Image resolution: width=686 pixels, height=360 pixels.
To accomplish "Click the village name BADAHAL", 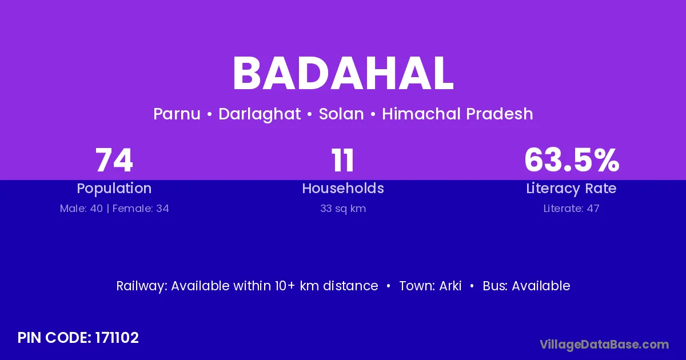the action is (343, 74).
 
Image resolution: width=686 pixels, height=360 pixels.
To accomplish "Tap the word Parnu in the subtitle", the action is (177, 114).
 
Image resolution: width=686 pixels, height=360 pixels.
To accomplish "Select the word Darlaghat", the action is (260, 114).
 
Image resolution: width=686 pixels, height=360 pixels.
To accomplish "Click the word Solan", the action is (341, 114).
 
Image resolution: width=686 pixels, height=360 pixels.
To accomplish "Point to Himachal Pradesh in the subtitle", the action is (457, 114).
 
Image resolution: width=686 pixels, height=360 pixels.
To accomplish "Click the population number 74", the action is (114, 160).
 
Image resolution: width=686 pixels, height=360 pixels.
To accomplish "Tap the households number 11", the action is (342, 160).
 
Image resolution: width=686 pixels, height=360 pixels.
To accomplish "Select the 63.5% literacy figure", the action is (572, 160).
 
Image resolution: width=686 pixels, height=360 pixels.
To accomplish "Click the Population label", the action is (114, 189).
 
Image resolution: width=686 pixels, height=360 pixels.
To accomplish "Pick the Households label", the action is (343, 188).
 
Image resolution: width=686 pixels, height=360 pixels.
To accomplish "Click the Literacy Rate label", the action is (572, 189).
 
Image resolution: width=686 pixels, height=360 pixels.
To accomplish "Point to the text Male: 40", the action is (81, 209).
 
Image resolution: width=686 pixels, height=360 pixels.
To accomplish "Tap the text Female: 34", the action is (141, 209).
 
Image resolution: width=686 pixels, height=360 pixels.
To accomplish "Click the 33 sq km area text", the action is (343, 209).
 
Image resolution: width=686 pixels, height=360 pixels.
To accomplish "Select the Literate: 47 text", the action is (572, 209).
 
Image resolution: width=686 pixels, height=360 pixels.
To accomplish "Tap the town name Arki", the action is (450, 286).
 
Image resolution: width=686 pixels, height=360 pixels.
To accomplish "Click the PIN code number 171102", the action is (117, 338).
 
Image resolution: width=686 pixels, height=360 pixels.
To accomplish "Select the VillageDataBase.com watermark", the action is (604, 345).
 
